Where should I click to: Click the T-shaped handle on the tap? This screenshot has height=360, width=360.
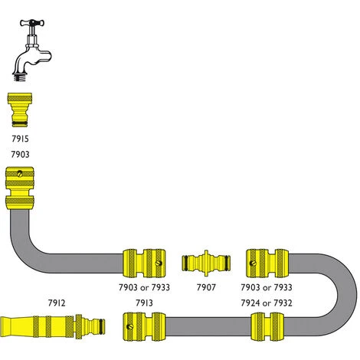[x=32, y=23]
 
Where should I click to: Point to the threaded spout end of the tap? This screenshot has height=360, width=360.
[x=19, y=77]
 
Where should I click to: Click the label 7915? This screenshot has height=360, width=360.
[x=20, y=139]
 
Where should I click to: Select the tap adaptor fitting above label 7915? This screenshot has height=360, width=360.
[x=20, y=110]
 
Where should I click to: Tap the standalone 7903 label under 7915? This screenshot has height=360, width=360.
[x=20, y=154]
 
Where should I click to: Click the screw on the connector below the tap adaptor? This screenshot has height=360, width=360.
[x=20, y=174]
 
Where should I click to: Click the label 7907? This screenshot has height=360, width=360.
[x=206, y=287]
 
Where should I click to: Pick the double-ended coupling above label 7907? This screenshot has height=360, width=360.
[x=206, y=263]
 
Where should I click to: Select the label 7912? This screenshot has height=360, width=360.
[x=57, y=303]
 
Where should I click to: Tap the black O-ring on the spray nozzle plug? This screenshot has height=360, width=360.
[x=102, y=326]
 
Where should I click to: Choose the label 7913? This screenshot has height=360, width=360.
[x=144, y=303]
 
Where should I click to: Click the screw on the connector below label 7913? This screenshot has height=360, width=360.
[x=130, y=326]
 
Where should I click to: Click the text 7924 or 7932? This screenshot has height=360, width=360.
[x=267, y=303]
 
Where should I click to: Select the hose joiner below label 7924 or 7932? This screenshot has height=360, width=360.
[x=267, y=326]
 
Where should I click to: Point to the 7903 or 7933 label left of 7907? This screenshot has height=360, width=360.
[x=144, y=287]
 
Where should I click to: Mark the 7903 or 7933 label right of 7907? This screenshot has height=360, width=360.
[x=267, y=287]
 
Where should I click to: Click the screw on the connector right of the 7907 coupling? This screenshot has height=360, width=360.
[x=253, y=263]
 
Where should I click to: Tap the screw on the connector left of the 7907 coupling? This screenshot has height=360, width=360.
[x=159, y=263]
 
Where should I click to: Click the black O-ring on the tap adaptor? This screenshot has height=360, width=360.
[x=20, y=124]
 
